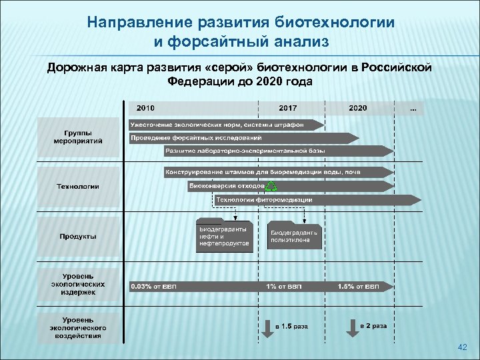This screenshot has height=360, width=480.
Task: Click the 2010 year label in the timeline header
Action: pyautogui.click(x=145, y=107)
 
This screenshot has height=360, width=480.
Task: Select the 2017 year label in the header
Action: pyautogui.click(x=288, y=107)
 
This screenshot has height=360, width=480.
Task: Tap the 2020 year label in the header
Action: pyautogui.click(x=357, y=107)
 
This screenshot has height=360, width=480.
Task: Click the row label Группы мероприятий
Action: pyautogui.click(x=78, y=137)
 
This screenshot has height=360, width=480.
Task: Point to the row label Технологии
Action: pyautogui.click(x=78, y=186)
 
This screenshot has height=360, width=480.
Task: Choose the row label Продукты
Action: pyautogui.click(x=78, y=236)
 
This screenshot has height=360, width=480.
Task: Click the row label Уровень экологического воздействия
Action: pyautogui.click(x=78, y=327)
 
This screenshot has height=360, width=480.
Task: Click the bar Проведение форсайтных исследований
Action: pyautogui.click(x=243, y=138)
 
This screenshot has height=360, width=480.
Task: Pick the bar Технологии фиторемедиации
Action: pyautogui.click(x=317, y=199)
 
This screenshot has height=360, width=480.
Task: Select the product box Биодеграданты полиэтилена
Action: pyautogui.click(x=294, y=235)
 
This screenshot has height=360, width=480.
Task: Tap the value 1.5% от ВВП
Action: pyautogui.click(x=359, y=287)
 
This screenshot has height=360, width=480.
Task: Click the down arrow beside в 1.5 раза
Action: pyautogui.click(x=266, y=328)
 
